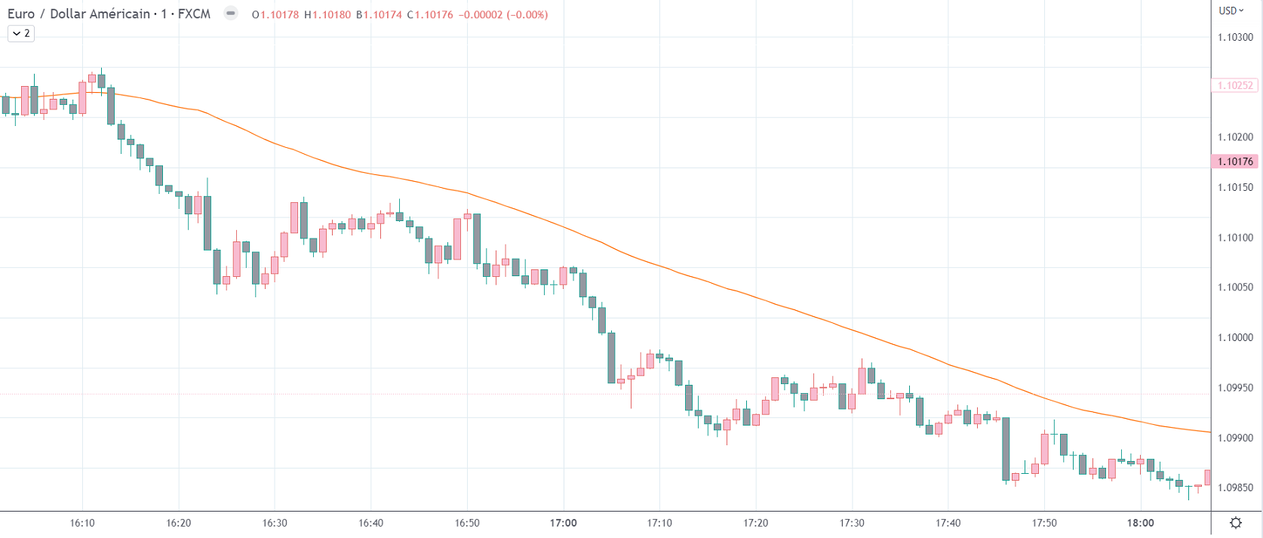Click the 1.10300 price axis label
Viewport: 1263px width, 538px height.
tap(1235, 37)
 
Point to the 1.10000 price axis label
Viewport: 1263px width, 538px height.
tap(1235, 337)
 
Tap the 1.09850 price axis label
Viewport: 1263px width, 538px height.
tap(1235, 487)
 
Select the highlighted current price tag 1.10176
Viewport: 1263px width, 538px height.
tap(1235, 161)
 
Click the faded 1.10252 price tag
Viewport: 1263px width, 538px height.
tap(1235, 85)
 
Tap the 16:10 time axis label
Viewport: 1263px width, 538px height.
tap(82, 523)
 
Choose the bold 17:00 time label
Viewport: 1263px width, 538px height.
tap(563, 523)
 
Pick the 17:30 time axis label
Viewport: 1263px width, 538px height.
tap(852, 523)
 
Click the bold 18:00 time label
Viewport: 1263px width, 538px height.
tap(1140, 523)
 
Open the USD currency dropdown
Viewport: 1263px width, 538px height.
tap(1231, 11)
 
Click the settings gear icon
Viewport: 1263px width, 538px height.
tap(1236, 523)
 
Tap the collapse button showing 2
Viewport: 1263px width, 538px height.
tap(21, 33)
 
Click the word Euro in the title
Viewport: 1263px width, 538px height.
tap(20, 14)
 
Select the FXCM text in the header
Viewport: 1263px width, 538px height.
tap(194, 14)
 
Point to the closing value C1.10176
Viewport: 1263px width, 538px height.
tap(430, 14)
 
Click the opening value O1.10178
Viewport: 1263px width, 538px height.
tap(275, 14)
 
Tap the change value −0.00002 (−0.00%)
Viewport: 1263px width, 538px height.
tap(503, 14)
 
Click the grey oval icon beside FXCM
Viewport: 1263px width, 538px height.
tap(231, 14)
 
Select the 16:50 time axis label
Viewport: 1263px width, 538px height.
tap(467, 523)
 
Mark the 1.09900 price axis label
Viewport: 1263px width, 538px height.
tap(1235, 438)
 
